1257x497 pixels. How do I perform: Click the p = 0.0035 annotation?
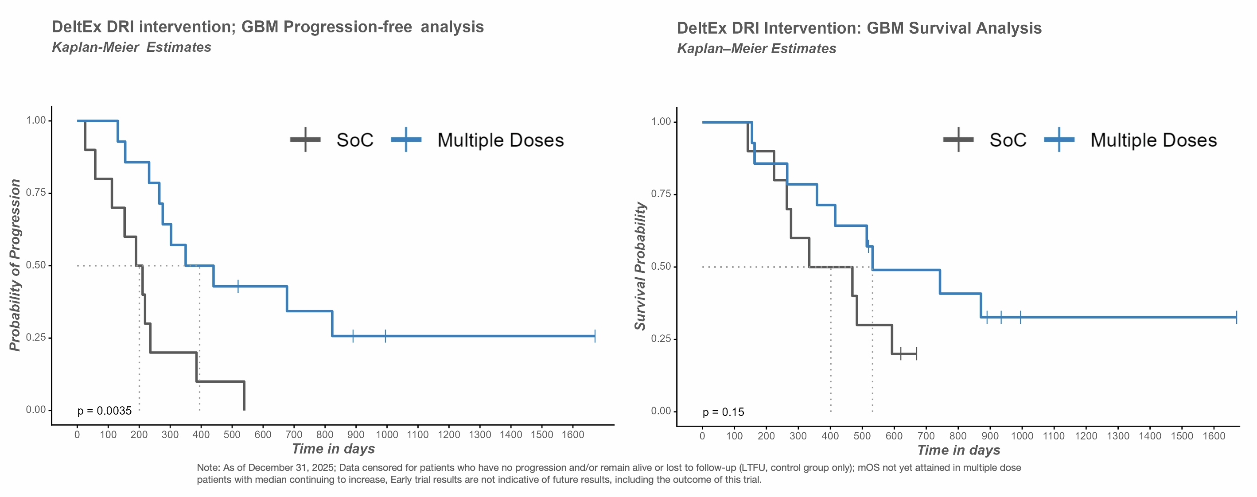tap(105, 411)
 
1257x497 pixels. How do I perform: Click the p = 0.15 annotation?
tap(723, 412)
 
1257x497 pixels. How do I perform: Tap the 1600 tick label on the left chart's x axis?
tap(573, 435)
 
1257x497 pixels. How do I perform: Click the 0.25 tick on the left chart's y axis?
tap(35, 338)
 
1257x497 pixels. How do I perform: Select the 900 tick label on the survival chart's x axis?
tap(989, 436)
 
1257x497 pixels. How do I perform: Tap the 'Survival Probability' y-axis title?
tap(640, 266)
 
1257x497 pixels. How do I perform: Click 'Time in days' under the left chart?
tap(333, 449)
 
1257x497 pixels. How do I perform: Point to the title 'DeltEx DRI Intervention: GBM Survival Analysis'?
tap(859, 28)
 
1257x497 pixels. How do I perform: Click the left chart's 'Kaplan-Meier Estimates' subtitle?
tap(131, 47)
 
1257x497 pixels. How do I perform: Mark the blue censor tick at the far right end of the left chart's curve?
tap(595, 336)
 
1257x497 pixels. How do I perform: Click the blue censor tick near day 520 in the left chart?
tap(238, 286)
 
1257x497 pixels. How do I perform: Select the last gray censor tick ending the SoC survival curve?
tap(916, 353)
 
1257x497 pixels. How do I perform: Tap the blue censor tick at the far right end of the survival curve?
tap(1236, 317)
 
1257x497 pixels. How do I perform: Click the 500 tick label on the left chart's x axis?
tap(232, 435)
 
